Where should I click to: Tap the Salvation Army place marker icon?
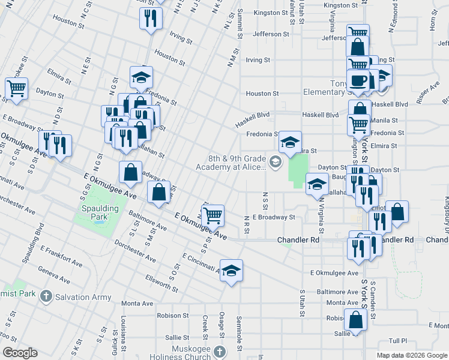click(45, 296)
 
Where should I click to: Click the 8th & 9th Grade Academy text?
click(237, 163)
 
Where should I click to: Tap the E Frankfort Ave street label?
click(61, 256)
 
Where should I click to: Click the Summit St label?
click(239, 24)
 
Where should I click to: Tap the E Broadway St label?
click(274, 217)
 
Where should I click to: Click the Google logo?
click(20, 353)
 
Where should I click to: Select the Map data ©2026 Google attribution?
click(412, 355)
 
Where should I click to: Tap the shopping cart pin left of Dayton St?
click(16, 89)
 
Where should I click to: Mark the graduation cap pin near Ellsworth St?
click(231, 271)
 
